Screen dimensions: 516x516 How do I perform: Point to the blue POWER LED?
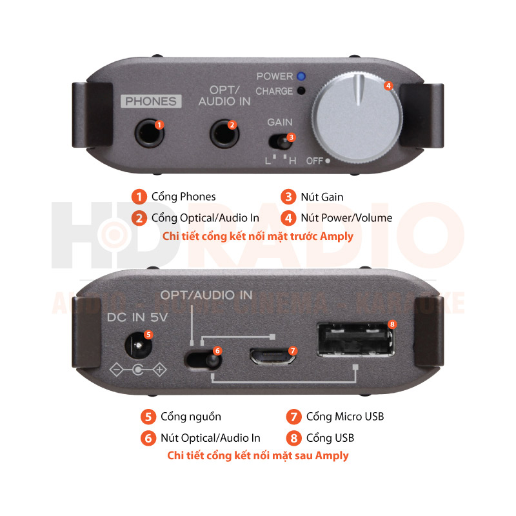point(301,76)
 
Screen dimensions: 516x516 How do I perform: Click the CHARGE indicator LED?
point(301,91)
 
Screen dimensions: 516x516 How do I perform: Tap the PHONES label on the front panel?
point(150,101)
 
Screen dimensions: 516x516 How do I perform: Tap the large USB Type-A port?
point(354,340)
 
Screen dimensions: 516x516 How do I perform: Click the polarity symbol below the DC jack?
point(138,370)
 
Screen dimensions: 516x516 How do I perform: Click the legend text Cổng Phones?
point(183,196)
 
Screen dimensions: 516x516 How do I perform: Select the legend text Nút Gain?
point(322,196)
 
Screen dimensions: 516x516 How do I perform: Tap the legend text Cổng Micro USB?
point(345,416)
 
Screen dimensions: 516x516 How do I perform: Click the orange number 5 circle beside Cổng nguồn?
point(148,417)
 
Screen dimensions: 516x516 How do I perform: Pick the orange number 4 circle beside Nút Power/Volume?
point(289,217)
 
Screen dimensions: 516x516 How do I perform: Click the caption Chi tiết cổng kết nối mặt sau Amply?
point(258,455)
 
